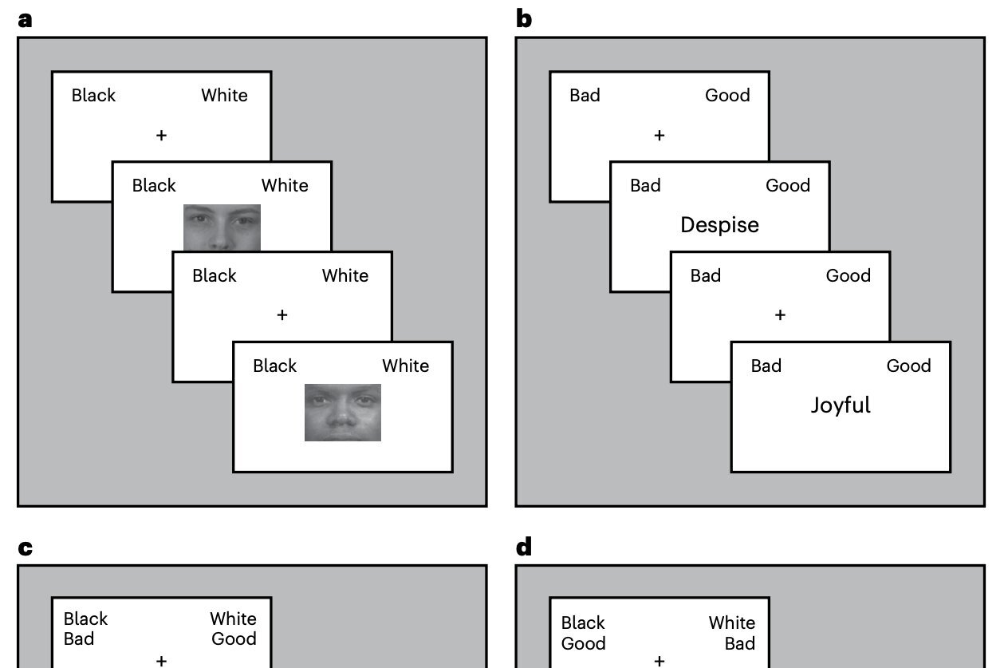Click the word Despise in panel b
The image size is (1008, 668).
click(x=719, y=225)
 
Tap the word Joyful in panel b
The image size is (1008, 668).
click(x=841, y=405)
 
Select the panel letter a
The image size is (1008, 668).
click(x=26, y=20)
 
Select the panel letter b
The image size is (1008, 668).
click(x=524, y=19)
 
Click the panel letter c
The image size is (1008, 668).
click(x=26, y=548)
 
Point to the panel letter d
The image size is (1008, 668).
click(x=524, y=547)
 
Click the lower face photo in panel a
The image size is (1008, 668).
click(x=343, y=413)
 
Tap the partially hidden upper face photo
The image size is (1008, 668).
click(x=222, y=227)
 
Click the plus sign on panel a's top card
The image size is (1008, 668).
click(x=161, y=136)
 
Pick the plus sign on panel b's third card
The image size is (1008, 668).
click(x=780, y=315)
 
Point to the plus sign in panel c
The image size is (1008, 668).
click(x=161, y=660)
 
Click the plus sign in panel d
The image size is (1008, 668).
click(x=659, y=660)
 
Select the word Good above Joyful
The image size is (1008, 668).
click(x=908, y=366)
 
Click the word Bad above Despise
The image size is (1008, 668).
click(x=645, y=185)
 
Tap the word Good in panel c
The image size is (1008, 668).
click(x=234, y=638)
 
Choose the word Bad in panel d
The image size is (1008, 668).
click(x=740, y=643)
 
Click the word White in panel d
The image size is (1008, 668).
click(x=731, y=623)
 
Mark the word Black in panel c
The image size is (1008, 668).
click(x=85, y=619)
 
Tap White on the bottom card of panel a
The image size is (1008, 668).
click(x=405, y=366)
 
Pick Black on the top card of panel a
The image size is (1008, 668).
click(x=93, y=95)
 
